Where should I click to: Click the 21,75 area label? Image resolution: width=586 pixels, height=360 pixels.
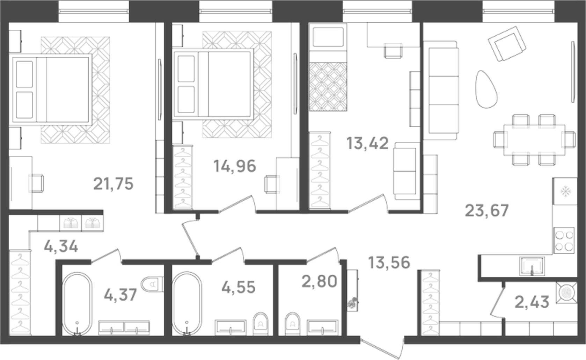click(113, 184)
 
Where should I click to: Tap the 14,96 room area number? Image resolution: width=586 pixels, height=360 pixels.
click(235, 166)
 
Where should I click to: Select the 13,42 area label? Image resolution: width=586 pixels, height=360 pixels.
click(367, 143)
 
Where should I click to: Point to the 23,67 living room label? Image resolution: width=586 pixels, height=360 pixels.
click(487, 211)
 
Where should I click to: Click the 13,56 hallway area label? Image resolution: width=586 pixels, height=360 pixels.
click(389, 262)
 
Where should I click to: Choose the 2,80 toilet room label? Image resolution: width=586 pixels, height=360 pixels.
click(319, 281)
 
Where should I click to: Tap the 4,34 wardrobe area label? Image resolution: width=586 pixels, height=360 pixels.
click(61, 247)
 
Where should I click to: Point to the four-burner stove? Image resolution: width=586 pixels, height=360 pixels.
click(564, 240)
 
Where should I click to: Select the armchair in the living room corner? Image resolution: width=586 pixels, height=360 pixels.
click(507, 44)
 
